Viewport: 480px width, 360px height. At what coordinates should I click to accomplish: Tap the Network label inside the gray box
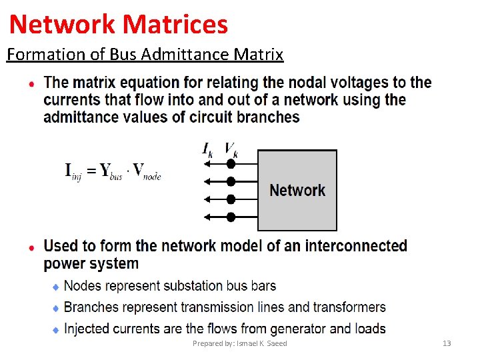(297, 190)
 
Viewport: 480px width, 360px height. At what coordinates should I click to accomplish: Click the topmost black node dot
(231, 163)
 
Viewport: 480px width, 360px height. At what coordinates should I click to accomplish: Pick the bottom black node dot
(231, 217)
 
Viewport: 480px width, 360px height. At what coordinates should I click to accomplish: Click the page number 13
(447, 343)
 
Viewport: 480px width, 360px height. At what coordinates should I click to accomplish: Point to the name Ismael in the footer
(245, 343)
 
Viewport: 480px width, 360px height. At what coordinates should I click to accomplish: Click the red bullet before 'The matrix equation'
(31, 84)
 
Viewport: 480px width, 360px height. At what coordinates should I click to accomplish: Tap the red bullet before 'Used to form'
(31, 247)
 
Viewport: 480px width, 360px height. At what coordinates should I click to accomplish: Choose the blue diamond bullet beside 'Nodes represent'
(56, 287)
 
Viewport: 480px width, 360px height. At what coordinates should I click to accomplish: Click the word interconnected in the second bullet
(356, 245)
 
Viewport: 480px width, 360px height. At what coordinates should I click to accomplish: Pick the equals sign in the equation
(90, 171)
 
